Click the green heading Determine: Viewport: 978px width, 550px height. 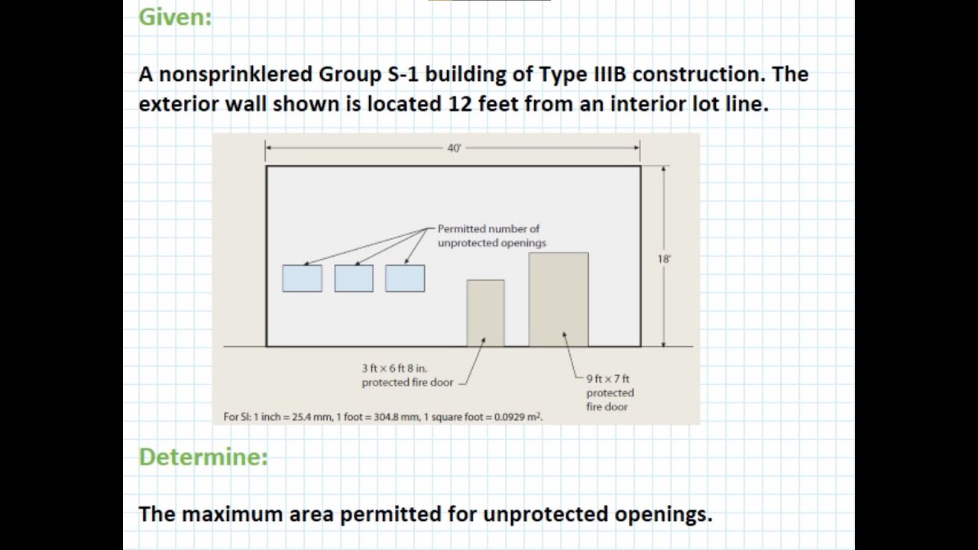tap(203, 457)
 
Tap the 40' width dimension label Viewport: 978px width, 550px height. tap(454, 148)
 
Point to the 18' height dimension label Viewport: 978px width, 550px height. tap(663, 259)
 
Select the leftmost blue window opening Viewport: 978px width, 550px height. tap(302, 279)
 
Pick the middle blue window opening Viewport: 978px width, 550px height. tap(354, 279)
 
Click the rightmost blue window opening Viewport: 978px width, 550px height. tap(405, 279)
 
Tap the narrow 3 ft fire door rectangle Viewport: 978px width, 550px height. tap(485, 312)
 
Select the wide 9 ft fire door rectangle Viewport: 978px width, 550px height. tap(559, 299)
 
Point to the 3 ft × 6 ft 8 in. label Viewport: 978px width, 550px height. tap(394, 368)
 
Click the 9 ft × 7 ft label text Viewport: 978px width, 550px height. tap(608, 379)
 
